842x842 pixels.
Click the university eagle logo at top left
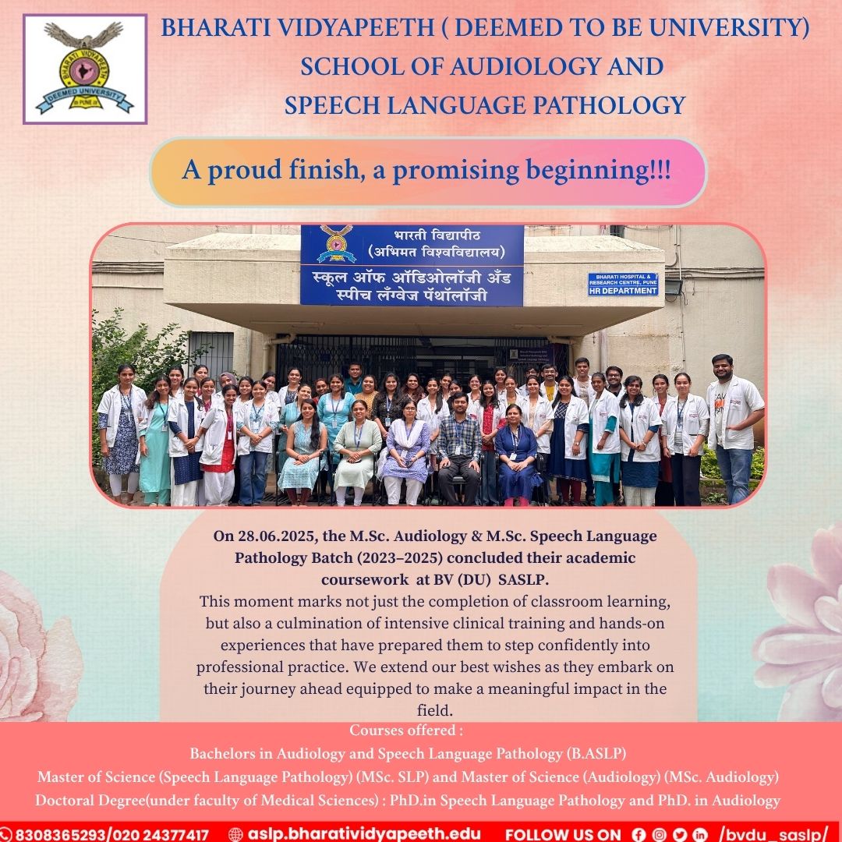click(x=85, y=69)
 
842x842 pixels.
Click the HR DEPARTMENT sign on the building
click(x=623, y=285)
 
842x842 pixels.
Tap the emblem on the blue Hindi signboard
click(x=337, y=244)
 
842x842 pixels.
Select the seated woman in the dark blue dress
click(x=516, y=452)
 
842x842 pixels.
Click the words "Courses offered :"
click(x=406, y=731)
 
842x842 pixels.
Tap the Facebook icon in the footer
click(x=638, y=833)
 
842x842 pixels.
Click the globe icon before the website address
click(x=236, y=833)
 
